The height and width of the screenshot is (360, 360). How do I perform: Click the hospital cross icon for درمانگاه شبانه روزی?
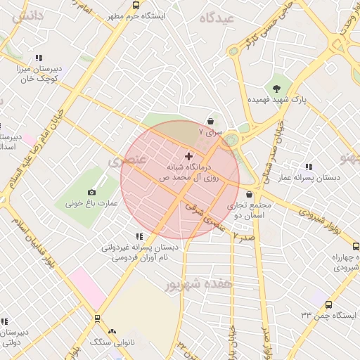coord(188,155)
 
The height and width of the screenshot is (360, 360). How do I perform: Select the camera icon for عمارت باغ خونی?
coord(91,192)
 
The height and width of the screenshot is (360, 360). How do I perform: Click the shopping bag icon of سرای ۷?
coord(211,120)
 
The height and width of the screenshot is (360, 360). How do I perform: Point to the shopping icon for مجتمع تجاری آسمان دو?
coord(250,194)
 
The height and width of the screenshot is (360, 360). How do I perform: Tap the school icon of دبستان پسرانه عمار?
coord(309,167)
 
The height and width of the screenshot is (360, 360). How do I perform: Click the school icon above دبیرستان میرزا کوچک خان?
coord(39,58)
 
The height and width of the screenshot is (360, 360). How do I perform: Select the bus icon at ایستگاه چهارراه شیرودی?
coord(356,247)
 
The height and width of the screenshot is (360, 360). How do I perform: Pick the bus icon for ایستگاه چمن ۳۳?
coord(330,304)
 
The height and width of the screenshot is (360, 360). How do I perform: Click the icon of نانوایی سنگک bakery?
coord(112,330)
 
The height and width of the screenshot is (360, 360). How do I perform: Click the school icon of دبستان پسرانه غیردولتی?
coord(138,236)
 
